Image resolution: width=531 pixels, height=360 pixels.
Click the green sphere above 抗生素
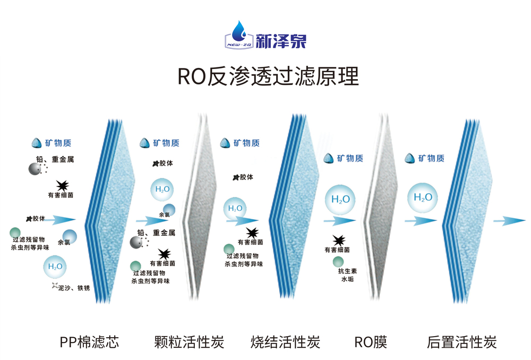[x=338, y=261]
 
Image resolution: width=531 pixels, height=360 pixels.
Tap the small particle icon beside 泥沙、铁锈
[x=54, y=286]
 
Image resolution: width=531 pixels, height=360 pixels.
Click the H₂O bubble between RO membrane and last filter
[x=423, y=198]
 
